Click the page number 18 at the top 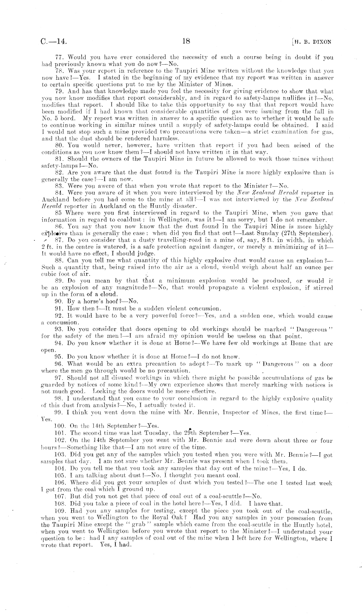(x=186, y=41)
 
